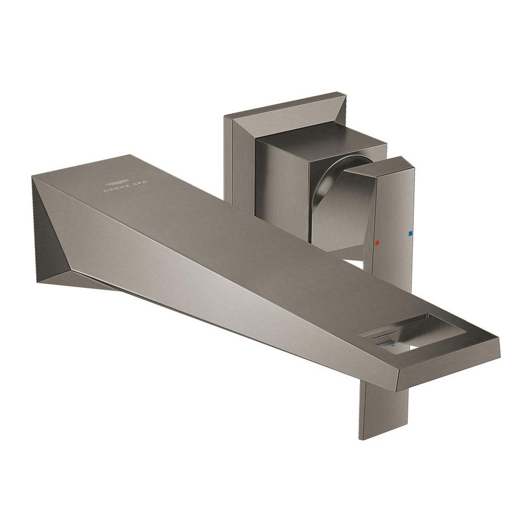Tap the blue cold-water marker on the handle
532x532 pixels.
(x=410, y=234)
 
